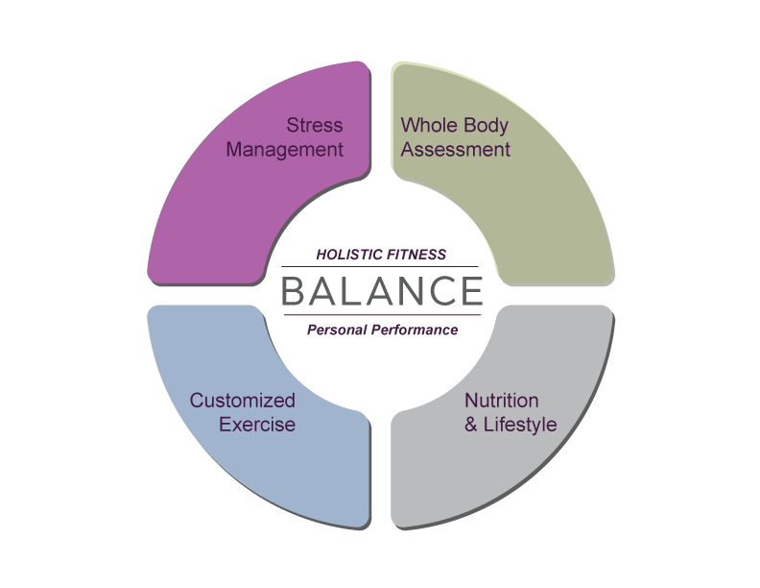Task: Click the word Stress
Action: [315, 126]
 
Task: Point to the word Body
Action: [486, 126]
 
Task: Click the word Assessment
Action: [455, 150]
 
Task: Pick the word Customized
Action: [242, 401]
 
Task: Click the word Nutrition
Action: [502, 401]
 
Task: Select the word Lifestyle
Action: [521, 425]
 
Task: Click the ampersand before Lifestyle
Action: [471, 425]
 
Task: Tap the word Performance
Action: [416, 331]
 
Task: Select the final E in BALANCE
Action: [468, 291]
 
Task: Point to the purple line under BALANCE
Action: [382, 315]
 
